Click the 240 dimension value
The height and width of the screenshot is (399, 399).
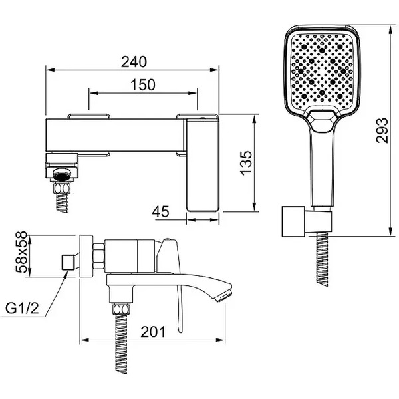click(x=134, y=62)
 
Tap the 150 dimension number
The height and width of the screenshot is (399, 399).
click(x=142, y=84)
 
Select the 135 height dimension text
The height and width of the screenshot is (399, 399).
click(x=246, y=163)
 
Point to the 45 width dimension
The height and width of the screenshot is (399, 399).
click(x=160, y=211)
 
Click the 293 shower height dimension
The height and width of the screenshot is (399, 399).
click(x=382, y=130)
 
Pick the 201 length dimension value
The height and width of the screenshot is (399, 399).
click(x=153, y=332)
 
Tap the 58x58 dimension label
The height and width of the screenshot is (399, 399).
click(x=21, y=252)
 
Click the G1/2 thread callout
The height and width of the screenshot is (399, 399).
click(x=22, y=308)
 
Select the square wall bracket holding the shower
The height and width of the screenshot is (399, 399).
click(x=294, y=221)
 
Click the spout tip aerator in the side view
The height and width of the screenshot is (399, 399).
click(x=223, y=297)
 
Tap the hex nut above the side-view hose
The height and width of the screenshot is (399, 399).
click(x=121, y=309)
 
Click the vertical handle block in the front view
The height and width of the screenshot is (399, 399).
click(x=202, y=165)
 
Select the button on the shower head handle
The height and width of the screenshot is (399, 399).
click(x=321, y=121)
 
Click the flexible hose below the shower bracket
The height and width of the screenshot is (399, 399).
click(x=322, y=259)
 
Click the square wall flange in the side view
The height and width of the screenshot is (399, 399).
click(x=86, y=256)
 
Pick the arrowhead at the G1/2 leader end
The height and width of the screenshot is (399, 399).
click(x=66, y=274)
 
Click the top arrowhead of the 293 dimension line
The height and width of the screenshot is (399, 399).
click(x=390, y=29)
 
